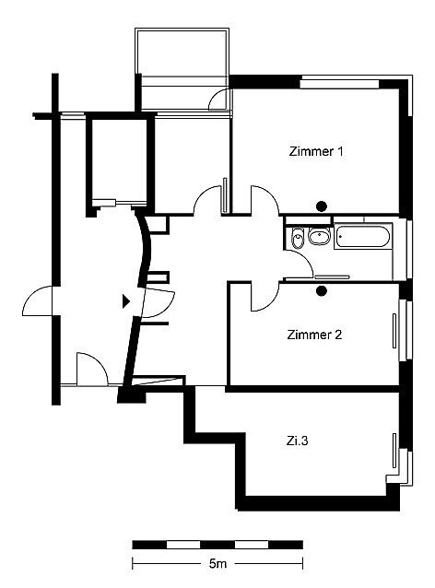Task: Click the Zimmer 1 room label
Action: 316,151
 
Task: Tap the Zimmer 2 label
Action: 314,335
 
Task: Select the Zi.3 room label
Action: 297,441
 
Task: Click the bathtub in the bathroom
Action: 362,236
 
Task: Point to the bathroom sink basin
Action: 319,236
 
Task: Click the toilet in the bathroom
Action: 298,238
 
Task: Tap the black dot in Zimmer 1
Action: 322,206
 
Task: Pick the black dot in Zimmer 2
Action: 322,291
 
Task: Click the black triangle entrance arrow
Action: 126,301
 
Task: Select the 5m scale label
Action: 217,563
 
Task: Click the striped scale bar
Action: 217,545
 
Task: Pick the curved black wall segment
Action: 145,248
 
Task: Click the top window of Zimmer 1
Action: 339,83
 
